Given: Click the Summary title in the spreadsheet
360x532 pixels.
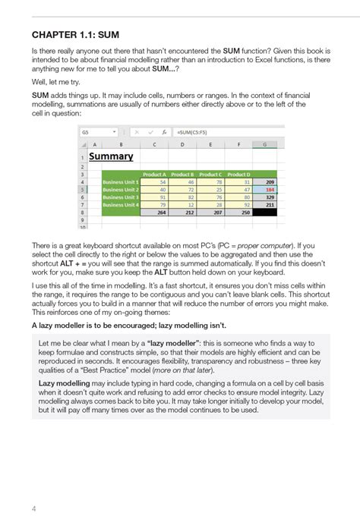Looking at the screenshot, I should click(x=111, y=156).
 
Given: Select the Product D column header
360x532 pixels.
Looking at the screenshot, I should click(x=238, y=174).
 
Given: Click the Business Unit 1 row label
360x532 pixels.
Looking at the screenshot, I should click(x=121, y=182).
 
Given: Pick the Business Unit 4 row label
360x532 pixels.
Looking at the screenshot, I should click(x=121, y=205).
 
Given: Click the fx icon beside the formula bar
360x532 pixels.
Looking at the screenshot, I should click(x=165, y=131).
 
